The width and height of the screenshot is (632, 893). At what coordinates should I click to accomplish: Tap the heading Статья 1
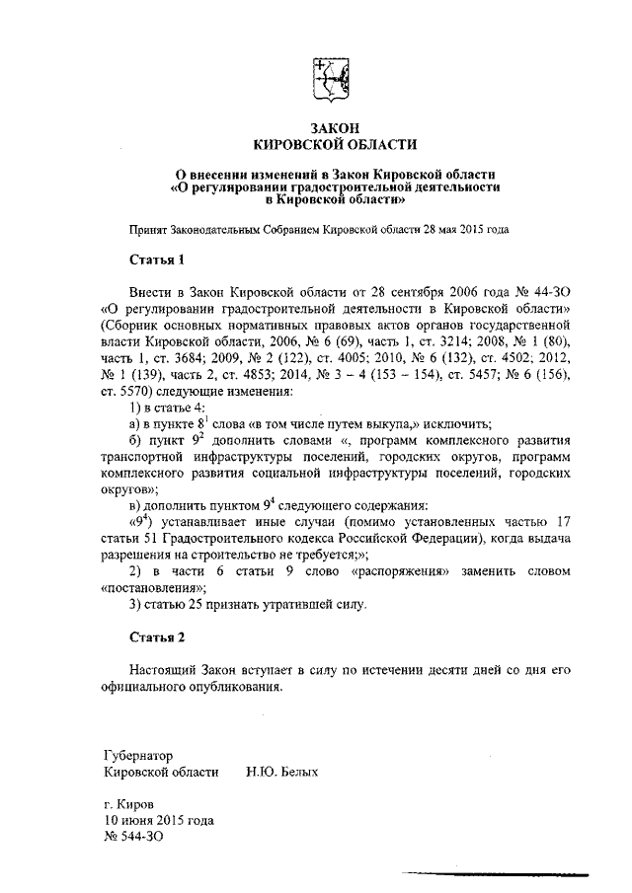click(x=157, y=260)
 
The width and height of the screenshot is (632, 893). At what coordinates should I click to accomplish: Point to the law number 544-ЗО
click(x=134, y=836)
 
